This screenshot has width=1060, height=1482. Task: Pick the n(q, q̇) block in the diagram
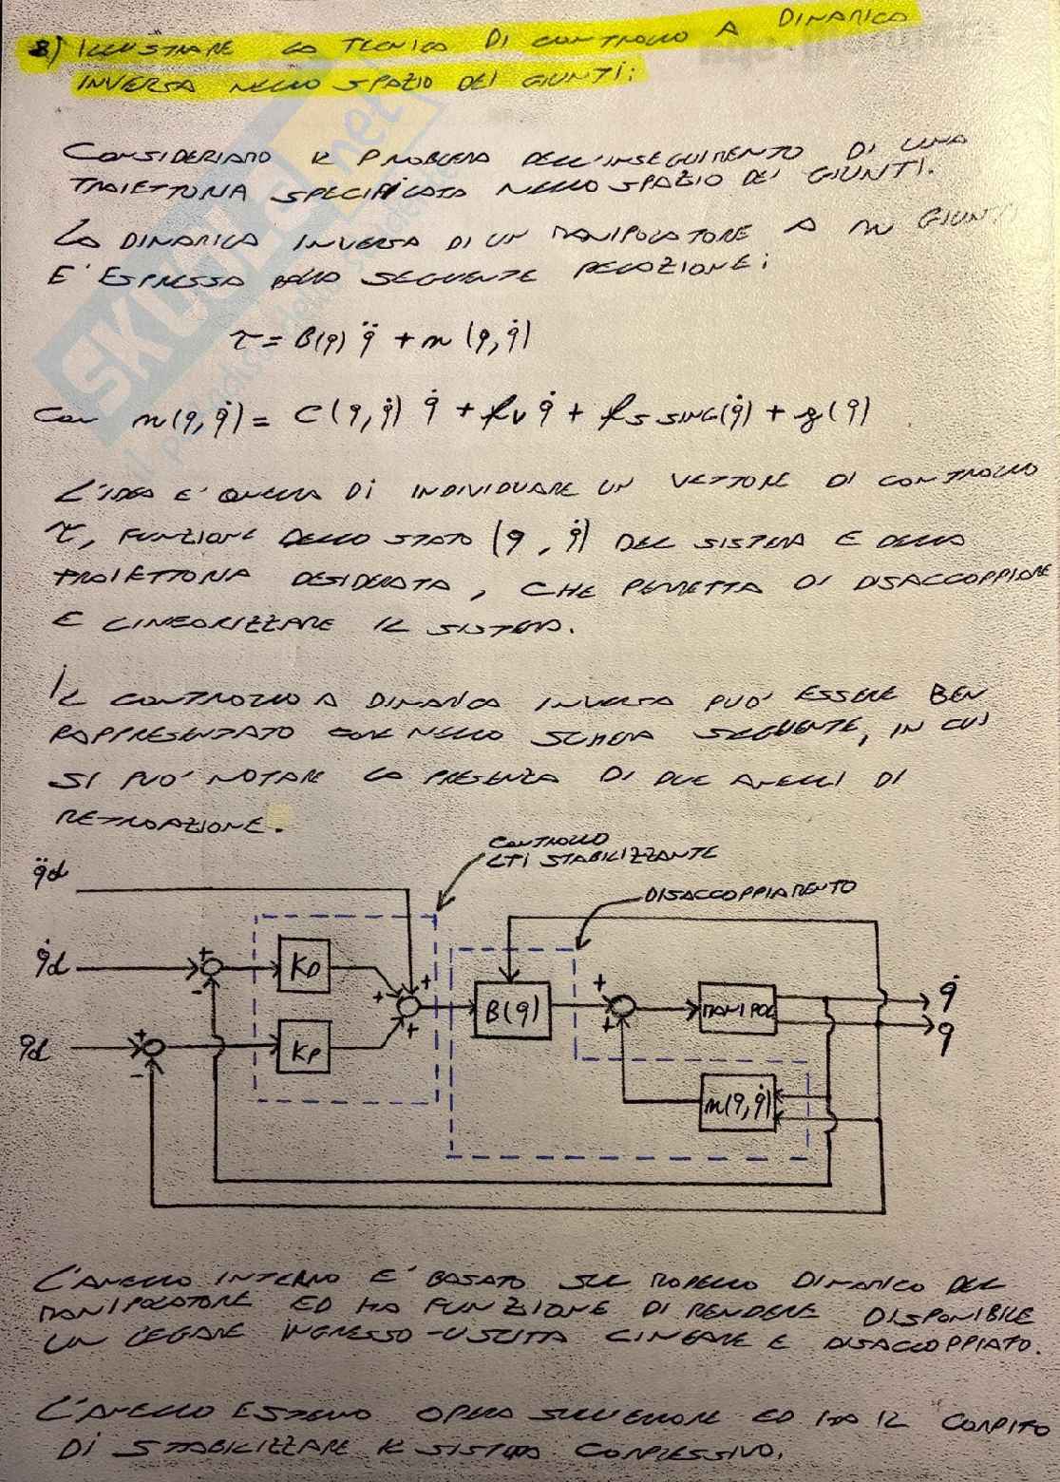coord(738,1101)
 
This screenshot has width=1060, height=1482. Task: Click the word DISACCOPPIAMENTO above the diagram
coord(749,891)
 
